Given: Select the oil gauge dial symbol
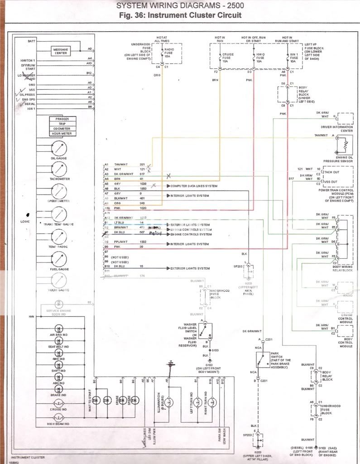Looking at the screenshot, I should coord(59,148).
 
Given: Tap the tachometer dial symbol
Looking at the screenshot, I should coord(59,169).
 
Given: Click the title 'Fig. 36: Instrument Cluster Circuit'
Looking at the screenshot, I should coord(180,15).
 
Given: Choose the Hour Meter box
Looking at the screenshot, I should coord(63,134).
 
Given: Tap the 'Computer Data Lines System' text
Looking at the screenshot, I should coord(193,186).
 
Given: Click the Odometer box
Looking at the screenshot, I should coord(63,129).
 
